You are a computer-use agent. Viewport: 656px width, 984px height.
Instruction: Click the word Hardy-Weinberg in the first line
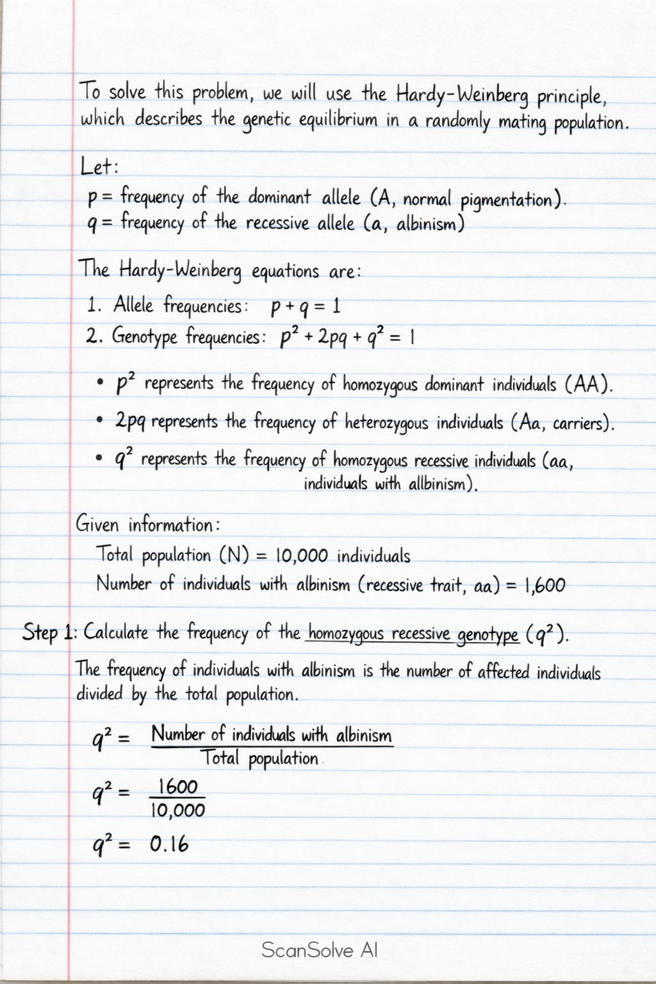click(463, 95)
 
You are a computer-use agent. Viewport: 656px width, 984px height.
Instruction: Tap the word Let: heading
click(99, 167)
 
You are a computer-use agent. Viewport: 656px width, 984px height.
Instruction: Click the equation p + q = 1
click(305, 307)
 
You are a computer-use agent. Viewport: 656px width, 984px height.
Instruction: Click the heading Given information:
click(148, 525)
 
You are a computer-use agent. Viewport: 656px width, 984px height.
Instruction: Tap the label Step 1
click(49, 633)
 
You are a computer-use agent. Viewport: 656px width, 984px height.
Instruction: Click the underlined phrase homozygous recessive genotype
click(413, 634)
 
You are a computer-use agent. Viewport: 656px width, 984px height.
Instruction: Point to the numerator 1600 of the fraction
click(177, 787)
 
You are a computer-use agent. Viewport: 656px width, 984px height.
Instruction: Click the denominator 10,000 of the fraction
click(177, 810)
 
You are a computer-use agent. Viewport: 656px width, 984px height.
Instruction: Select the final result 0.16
click(170, 845)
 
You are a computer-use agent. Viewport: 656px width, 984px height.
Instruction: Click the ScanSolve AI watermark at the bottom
click(319, 949)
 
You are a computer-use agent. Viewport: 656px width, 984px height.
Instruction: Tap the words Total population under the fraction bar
click(259, 759)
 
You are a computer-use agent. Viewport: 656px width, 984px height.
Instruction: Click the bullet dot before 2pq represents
click(99, 422)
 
